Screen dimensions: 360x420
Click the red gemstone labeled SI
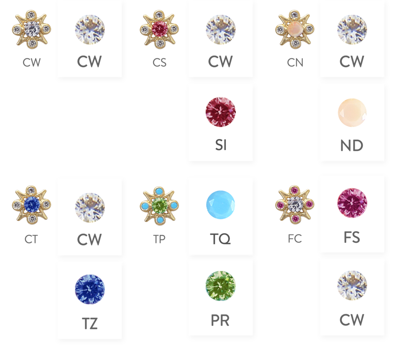220,112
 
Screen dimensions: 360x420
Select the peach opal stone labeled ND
352,112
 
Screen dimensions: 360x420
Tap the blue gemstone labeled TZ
89,289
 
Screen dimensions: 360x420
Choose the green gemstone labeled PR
220,286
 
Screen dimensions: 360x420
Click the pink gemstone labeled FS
352,203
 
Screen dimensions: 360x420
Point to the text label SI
220,145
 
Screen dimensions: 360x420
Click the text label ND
352,146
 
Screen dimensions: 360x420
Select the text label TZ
89,323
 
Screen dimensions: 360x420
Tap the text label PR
220,321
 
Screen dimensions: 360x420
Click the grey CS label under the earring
159,63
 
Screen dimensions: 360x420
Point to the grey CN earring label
295,63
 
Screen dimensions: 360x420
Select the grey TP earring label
159,239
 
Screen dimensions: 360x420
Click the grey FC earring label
295,239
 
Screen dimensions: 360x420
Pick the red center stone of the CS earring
159,29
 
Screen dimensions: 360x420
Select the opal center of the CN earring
295,29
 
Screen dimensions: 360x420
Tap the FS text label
352,237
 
